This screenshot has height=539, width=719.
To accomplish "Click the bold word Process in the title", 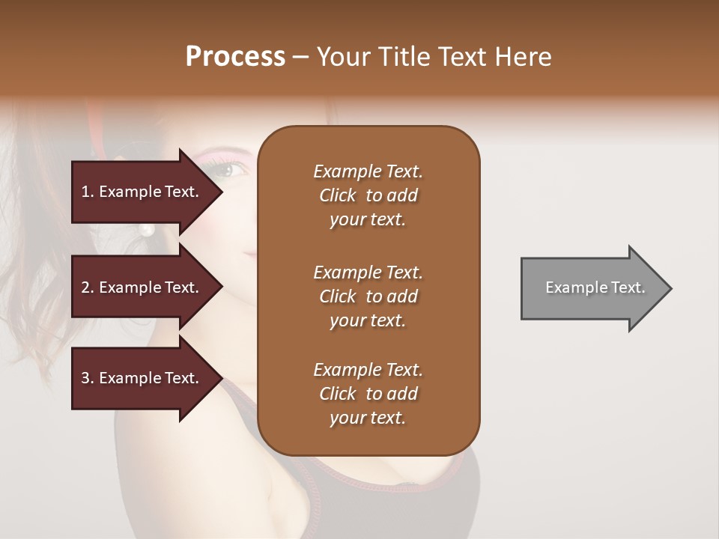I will pos(235,57).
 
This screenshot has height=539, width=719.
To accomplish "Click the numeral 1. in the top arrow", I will pos(88,192).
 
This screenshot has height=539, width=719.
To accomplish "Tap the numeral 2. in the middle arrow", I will pos(88,287).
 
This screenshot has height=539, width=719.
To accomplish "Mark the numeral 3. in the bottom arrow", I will pos(88,378).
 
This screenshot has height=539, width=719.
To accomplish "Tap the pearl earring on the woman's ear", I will pos(147,229).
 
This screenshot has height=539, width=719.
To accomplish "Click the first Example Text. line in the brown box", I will pos(368,171).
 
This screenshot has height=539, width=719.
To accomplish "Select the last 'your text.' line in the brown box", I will pos(368,418).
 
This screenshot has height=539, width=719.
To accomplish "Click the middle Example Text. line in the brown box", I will pos(368,272).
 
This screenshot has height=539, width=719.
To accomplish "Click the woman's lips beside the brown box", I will pos(250,255).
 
